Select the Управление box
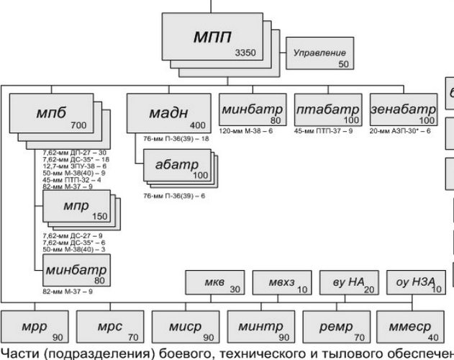click(x=319, y=57)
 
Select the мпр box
click(x=76, y=208)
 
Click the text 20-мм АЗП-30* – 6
click(x=399, y=131)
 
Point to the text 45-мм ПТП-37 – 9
click(x=324, y=131)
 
